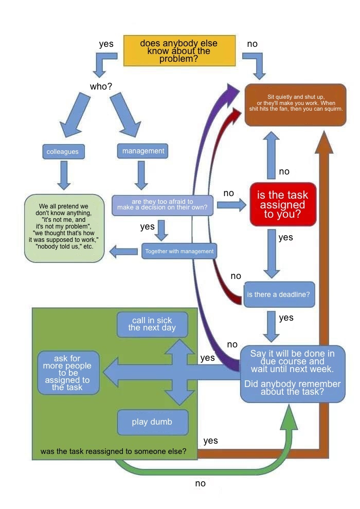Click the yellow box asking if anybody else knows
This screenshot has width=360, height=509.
[179, 50]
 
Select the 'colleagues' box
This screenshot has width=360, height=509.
[63, 152]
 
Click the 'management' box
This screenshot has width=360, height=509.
[143, 151]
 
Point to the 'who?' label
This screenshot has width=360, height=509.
[101, 86]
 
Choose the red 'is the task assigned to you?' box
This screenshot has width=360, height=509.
[282, 204]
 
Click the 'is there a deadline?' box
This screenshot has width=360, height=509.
[278, 295]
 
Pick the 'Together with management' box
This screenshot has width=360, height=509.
[179, 251]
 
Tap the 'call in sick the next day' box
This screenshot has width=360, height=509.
[152, 324]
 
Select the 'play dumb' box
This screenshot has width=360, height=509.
[152, 422]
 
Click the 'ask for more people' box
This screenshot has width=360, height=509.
[68, 373]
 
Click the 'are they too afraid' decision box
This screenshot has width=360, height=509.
[162, 204]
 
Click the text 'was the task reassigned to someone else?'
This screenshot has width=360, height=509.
[113, 451]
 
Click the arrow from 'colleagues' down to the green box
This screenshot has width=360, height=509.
[64, 175]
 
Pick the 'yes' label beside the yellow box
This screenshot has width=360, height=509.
[106, 44]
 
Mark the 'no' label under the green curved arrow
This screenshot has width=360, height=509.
[200, 483]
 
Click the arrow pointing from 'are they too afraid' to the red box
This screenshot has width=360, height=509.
[231, 205]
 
